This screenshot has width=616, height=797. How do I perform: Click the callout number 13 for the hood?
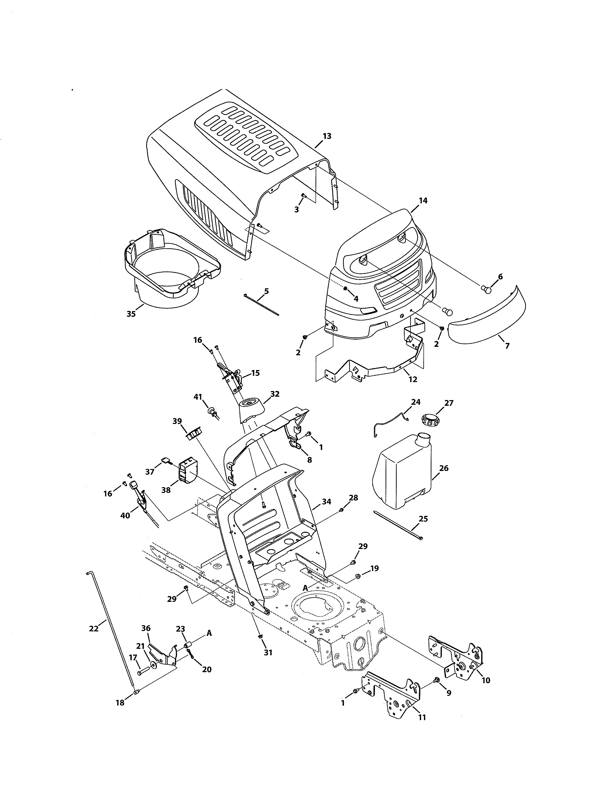tap(327, 136)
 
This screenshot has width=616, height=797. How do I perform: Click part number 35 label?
tap(131, 314)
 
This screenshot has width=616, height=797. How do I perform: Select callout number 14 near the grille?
tap(423, 200)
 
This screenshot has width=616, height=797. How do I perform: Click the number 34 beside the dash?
tap(326, 502)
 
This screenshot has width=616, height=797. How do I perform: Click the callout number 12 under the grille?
tap(413, 379)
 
